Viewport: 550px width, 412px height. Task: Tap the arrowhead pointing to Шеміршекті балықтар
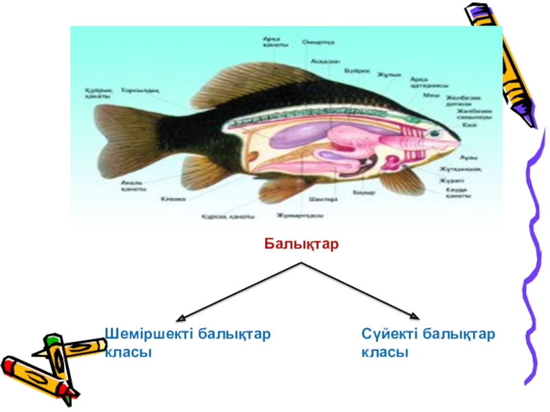(x=180, y=319)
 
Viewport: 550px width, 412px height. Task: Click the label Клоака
(x=173, y=200)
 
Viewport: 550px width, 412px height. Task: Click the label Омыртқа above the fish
(x=318, y=42)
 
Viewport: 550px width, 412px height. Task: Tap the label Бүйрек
(x=356, y=69)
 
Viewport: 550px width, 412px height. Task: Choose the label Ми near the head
(x=426, y=95)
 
